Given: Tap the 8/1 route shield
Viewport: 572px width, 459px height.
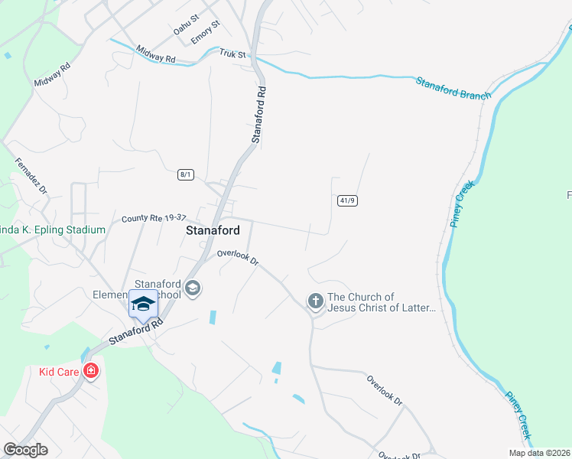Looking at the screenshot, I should (185, 174).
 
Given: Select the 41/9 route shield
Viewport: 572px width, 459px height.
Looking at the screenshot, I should (346, 200).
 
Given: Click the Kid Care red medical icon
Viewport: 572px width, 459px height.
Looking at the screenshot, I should (91, 372).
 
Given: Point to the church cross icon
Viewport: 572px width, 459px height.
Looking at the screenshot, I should (315, 302).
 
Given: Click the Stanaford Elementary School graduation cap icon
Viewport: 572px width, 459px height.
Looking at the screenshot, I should (193, 288).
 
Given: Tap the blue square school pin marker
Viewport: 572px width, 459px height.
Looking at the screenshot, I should (142, 304).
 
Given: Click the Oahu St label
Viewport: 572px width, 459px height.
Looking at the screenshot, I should (186, 24).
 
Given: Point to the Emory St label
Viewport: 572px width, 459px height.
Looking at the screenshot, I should (206, 32).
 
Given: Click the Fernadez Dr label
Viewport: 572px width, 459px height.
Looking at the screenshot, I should (31, 176).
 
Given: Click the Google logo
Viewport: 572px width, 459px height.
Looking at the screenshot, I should (24, 450).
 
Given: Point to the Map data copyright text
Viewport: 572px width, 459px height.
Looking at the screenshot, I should (539, 453).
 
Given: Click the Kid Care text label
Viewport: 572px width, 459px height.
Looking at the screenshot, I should (58, 373).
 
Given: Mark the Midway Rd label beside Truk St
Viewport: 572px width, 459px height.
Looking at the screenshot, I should (156, 54).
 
